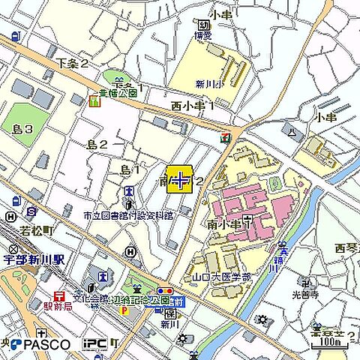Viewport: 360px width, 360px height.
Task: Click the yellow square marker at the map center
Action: [179, 180]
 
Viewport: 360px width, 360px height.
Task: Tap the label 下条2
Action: [72, 63]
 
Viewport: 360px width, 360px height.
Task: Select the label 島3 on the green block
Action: [22, 129]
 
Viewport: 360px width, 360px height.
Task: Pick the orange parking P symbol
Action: [124, 310]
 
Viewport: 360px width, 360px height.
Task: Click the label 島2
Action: [97, 144]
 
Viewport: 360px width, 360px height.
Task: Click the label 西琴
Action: [345, 247]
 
